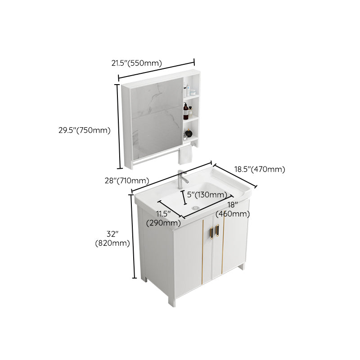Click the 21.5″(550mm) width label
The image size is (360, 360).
[136, 63]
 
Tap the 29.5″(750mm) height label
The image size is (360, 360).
[84, 130]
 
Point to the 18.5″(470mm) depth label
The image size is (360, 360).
[260, 170]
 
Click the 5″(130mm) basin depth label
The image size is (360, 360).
[207, 194]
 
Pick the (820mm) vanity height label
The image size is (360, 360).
[112, 243]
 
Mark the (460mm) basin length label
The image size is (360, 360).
[233, 214]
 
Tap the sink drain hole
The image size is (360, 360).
[195, 207]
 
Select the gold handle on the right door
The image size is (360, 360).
[218, 230]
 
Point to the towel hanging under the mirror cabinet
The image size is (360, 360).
[185, 155]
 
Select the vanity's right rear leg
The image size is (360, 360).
[243, 266]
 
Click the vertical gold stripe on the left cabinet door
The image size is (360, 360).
[202, 252]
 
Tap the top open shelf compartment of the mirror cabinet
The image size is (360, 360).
[190, 87]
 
